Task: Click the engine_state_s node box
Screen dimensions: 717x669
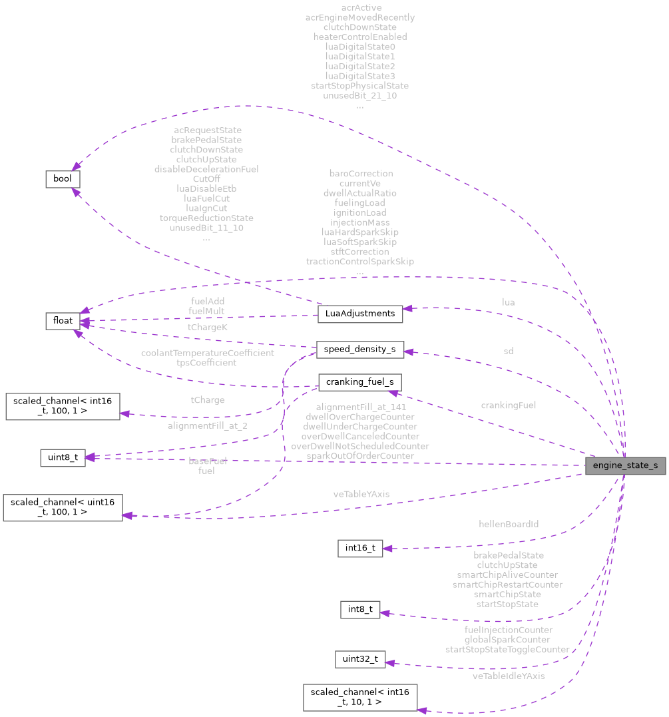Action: tap(625, 465)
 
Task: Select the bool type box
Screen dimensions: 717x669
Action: tap(63, 179)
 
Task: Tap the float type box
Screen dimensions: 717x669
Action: tap(62, 321)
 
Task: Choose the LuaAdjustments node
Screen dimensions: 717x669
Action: tap(360, 314)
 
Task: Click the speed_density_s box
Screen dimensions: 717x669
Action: tap(359, 349)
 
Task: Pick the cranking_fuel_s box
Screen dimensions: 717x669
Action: tap(359, 382)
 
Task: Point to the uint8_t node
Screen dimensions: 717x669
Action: tap(63, 458)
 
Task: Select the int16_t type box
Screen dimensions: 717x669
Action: tap(360, 549)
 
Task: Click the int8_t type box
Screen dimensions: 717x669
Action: tap(360, 609)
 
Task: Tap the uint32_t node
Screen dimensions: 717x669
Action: tap(360, 659)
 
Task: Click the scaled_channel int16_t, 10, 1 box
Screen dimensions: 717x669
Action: tap(360, 697)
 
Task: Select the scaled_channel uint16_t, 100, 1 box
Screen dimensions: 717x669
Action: tap(63, 507)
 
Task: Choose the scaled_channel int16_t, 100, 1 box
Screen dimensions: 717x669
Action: tap(63, 406)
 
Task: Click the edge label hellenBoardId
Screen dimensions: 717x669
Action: tap(509, 524)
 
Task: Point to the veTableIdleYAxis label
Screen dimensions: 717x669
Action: tap(509, 676)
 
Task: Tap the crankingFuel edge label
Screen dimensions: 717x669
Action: tap(509, 405)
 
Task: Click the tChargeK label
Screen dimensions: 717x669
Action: tap(208, 327)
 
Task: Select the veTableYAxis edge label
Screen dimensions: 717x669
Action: tap(361, 494)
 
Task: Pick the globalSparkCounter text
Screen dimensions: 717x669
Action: tap(507, 639)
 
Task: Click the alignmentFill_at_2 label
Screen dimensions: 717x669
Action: tap(208, 425)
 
